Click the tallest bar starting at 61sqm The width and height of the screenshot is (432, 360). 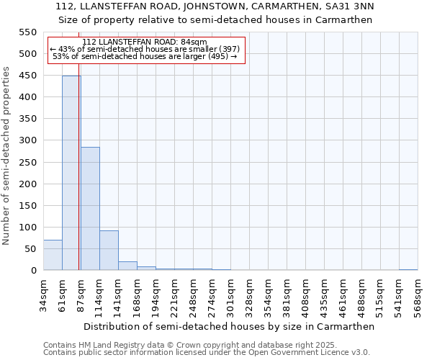[71, 173]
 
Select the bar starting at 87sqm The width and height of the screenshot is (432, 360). [90, 209]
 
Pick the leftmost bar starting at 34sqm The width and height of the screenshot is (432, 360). [53, 255]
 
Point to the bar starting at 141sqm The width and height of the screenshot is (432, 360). [127, 266]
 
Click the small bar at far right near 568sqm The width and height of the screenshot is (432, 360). [408, 269]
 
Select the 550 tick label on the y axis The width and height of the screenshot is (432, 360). [27, 32]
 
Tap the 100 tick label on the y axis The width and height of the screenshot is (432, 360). [27, 228]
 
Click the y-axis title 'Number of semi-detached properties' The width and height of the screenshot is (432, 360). [7, 156]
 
